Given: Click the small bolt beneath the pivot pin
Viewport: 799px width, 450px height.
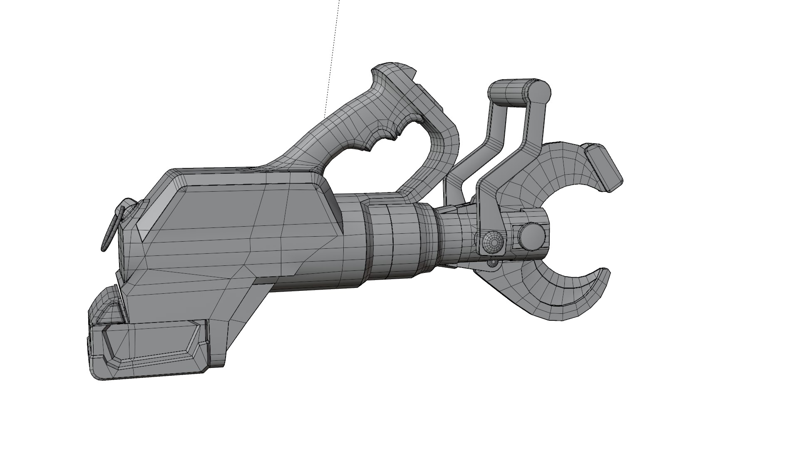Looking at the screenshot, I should (493, 263).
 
